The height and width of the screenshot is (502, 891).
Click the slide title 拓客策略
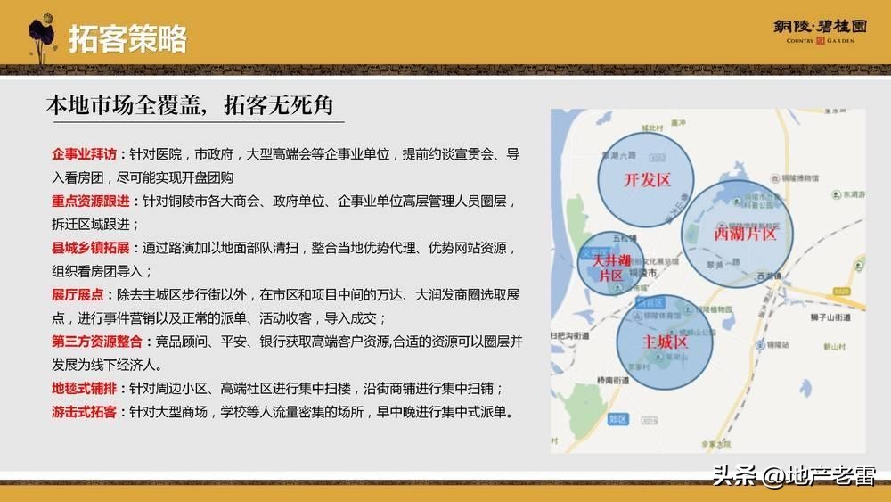[x=128, y=38]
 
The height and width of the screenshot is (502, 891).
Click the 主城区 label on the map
[x=666, y=342]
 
